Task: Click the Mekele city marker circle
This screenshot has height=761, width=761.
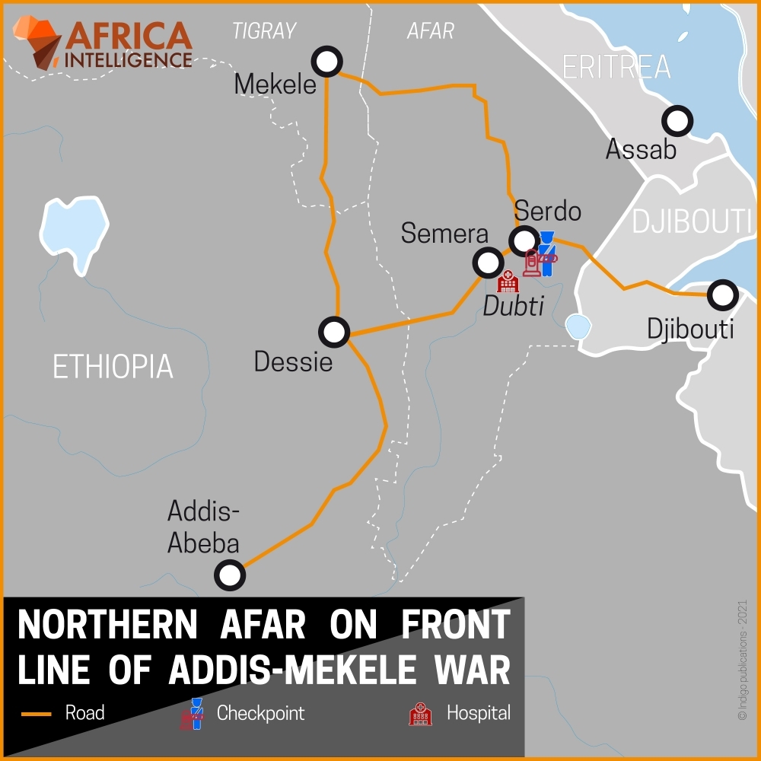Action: coord(328,62)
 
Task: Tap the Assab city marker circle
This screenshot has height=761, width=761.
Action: coord(677,120)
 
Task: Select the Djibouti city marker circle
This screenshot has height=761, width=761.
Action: coord(722,294)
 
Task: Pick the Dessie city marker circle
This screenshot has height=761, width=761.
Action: coord(334,332)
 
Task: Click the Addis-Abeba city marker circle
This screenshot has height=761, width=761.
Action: coord(230,575)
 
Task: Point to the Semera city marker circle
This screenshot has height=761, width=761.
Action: coord(488,263)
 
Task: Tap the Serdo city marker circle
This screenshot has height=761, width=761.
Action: coord(524,240)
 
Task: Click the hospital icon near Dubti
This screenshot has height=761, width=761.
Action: coord(508,282)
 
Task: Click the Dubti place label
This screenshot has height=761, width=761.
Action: coord(514,306)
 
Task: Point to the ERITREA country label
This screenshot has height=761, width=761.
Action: coord(616,67)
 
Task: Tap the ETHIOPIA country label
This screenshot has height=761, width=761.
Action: coord(113,367)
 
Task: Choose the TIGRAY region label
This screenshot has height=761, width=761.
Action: coord(263,31)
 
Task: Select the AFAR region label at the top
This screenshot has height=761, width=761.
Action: coord(431,31)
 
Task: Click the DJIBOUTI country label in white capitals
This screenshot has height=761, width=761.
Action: coord(691,221)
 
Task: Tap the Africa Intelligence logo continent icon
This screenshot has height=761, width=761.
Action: coord(37,43)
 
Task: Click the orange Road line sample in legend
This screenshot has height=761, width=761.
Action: coord(36,714)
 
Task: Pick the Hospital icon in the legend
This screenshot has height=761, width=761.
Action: coord(420,714)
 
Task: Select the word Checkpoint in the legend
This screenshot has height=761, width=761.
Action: coord(260,714)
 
